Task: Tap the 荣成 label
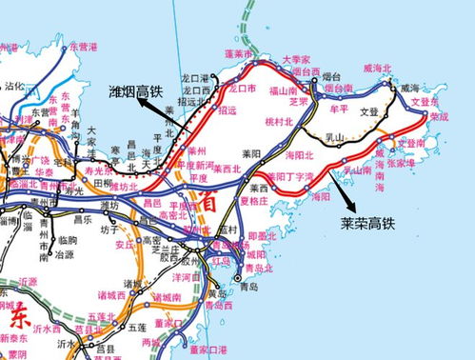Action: pos(438,116)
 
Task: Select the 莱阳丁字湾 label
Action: pos(290,177)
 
